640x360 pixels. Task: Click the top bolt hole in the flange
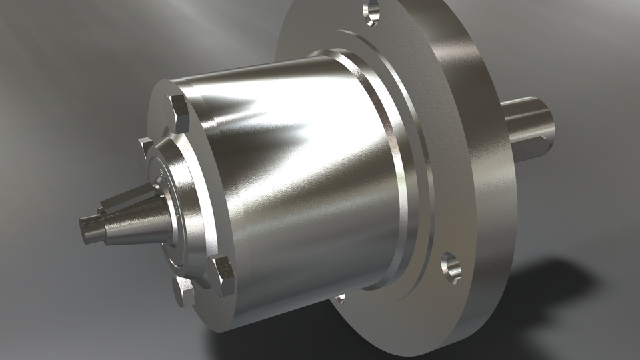[371, 11]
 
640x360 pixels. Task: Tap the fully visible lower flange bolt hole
[451, 267]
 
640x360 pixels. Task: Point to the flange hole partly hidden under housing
[340, 298]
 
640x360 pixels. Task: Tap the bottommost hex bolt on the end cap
[183, 291]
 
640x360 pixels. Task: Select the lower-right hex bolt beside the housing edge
[223, 275]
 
